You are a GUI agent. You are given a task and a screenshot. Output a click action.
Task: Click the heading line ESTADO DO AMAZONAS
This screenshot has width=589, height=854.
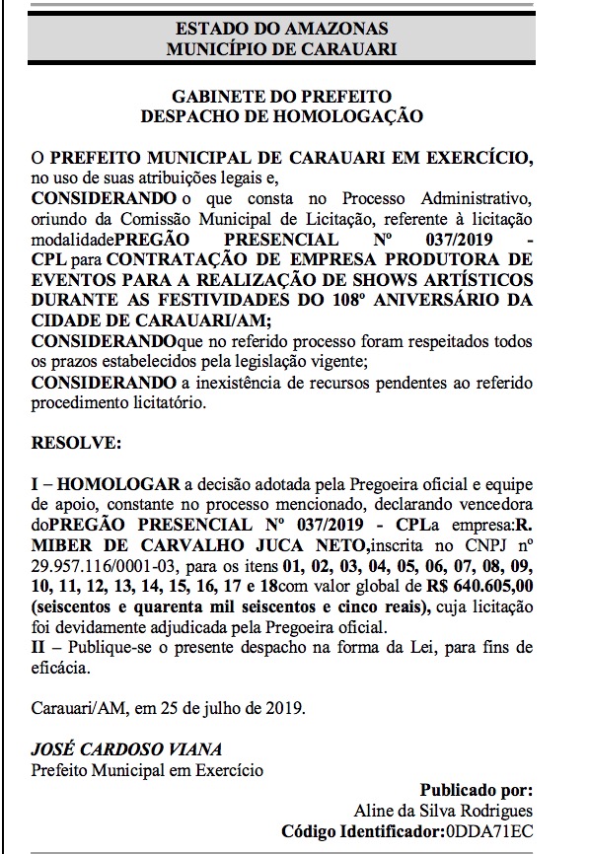[281, 29]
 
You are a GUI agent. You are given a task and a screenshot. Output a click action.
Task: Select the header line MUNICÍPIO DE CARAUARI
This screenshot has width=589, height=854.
[281, 47]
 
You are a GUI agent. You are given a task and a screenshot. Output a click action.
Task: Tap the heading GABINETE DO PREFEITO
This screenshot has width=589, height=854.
[281, 97]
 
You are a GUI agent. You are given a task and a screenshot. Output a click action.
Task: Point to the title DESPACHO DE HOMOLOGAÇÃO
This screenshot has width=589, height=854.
[281, 115]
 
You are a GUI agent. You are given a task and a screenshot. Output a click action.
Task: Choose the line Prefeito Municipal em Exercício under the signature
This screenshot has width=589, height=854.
[148, 768]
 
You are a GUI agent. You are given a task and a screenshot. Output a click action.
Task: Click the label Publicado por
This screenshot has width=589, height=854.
[476, 790]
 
